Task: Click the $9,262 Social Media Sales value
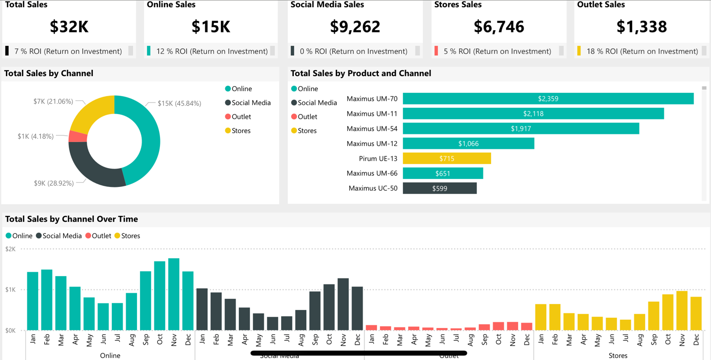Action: pyautogui.click(x=355, y=27)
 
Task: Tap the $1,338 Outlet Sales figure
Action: pyautogui.click(x=641, y=27)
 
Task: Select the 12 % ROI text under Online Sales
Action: pyautogui.click(x=212, y=51)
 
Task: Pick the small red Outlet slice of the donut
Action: pyautogui.click(x=77, y=137)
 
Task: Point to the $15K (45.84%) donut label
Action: pyautogui.click(x=179, y=104)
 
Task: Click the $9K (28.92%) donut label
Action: pyautogui.click(x=54, y=183)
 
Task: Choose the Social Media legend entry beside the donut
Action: pyautogui.click(x=251, y=103)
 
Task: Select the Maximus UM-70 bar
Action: pyautogui.click(x=548, y=99)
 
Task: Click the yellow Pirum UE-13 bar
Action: pyautogui.click(x=447, y=159)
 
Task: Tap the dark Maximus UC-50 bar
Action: pyautogui.click(x=439, y=188)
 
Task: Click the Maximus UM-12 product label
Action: pyautogui.click(x=372, y=144)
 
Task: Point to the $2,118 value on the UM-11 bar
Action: pyautogui.click(x=533, y=114)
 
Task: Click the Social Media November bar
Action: pyautogui.click(x=343, y=304)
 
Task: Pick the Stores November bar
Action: pyautogui.click(x=682, y=310)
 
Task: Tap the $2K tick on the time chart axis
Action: pyautogui.click(x=10, y=249)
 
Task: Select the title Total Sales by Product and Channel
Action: pyautogui.click(x=360, y=73)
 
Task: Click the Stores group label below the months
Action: pyautogui.click(x=618, y=355)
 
